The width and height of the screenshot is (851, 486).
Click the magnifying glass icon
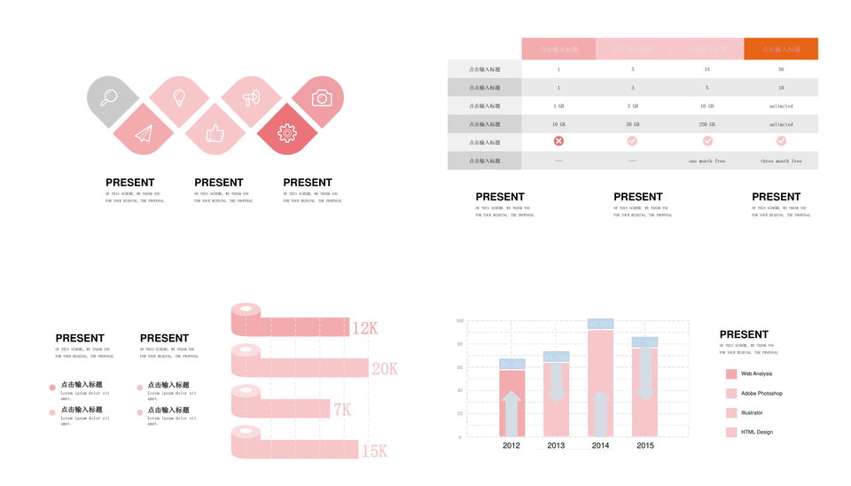[x=109, y=98]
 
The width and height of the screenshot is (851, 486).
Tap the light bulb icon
[x=179, y=97]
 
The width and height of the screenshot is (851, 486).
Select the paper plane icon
[x=144, y=133]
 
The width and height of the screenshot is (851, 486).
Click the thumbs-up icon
[x=215, y=134]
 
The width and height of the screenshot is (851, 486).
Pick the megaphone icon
[x=251, y=97]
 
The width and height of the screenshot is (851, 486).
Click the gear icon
[x=286, y=133]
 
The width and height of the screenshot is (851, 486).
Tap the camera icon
[x=322, y=98]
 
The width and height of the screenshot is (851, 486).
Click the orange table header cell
[x=780, y=49]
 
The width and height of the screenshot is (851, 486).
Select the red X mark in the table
[x=558, y=141]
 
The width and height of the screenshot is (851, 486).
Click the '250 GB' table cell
[x=707, y=124]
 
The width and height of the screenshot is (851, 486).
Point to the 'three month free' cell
[x=780, y=161]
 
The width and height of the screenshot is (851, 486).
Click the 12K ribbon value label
[x=365, y=329]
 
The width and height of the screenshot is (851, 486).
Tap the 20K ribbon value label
[x=385, y=369]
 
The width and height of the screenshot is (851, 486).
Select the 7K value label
[x=342, y=410]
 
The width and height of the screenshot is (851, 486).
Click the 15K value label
[x=374, y=451]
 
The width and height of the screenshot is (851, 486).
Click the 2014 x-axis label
[x=600, y=445]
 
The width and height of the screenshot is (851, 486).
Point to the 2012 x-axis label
[x=511, y=445]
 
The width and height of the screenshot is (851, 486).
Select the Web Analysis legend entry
[x=756, y=373]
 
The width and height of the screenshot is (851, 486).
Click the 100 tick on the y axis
[x=460, y=321]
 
